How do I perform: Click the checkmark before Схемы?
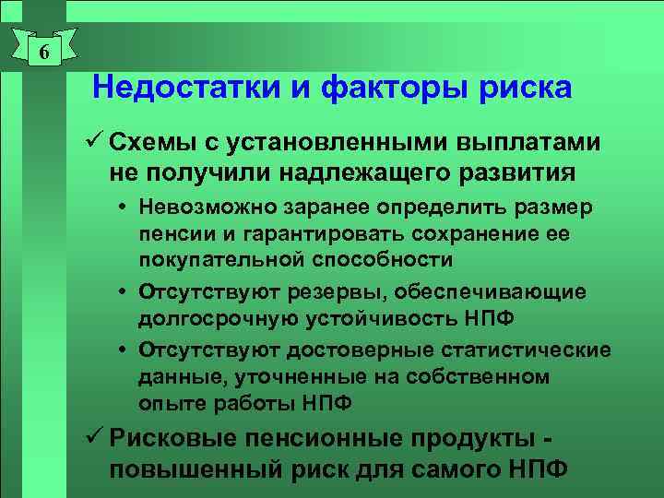(96, 143)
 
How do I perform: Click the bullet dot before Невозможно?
(126, 207)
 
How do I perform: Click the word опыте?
(165, 402)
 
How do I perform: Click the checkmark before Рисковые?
(96, 437)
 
